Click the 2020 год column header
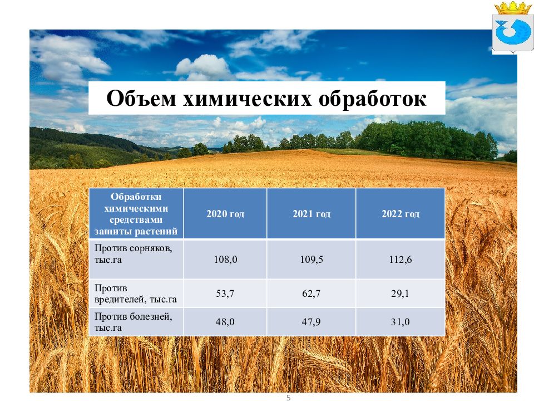(225, 214)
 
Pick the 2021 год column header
(311, 214)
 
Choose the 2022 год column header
(400, 214)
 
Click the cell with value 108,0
(225, 260)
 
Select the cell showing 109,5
(311, 260)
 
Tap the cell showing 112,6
(400, 260)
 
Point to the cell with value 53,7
(225, 294)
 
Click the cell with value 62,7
(311, 294)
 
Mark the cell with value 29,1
(400, 294)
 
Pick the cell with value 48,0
(225, 322)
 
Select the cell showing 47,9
(311, 322)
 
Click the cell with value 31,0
(400, 322)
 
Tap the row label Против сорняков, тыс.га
(133, 254)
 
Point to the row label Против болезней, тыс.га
(133, 322)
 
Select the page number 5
(288, 397)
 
